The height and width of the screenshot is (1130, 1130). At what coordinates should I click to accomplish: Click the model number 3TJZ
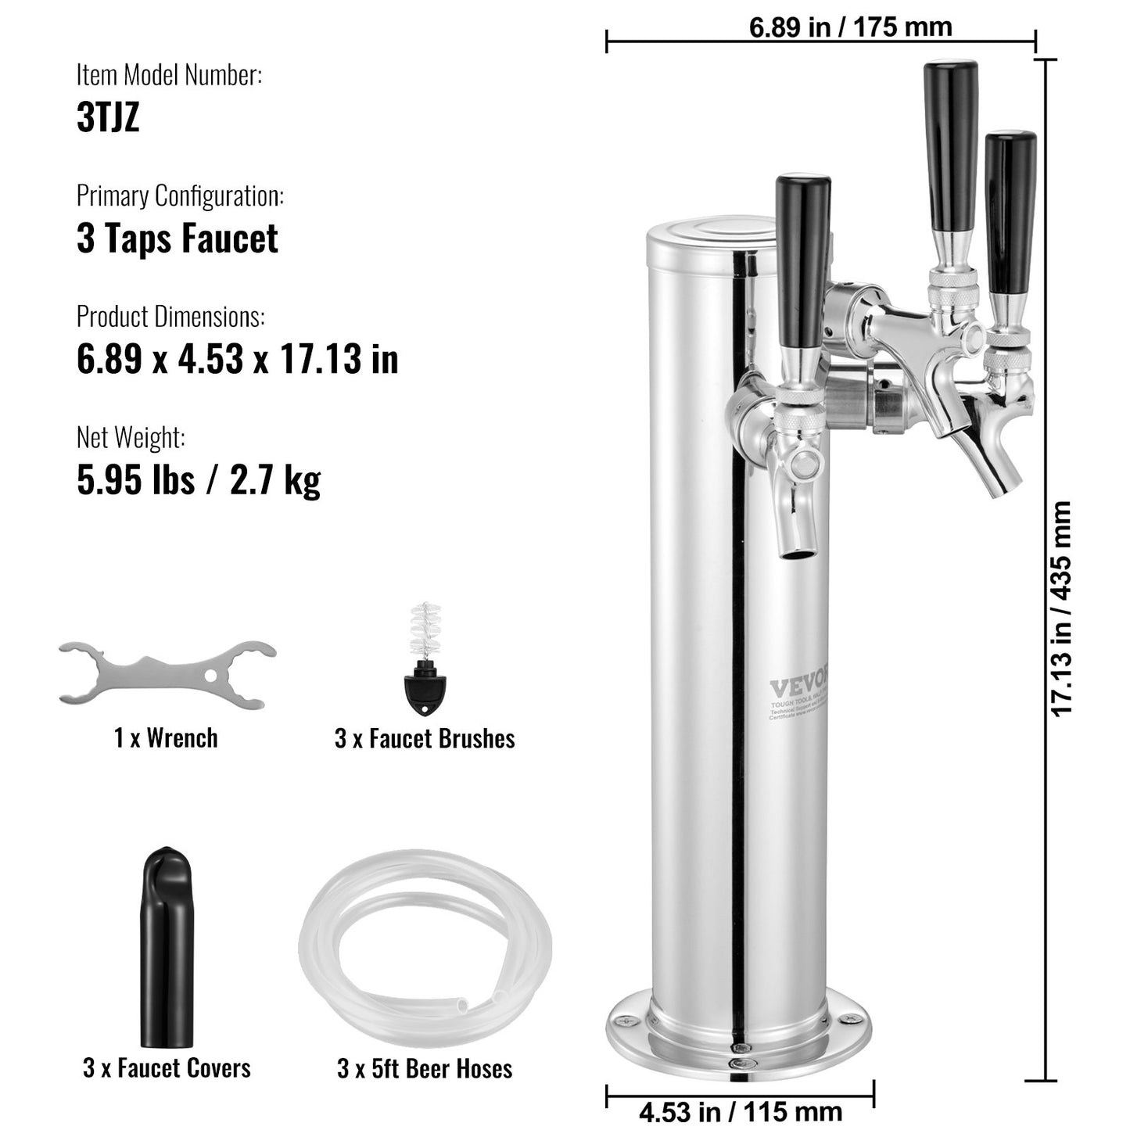[x=108, y=117]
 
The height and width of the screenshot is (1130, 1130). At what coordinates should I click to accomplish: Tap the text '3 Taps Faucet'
[x=177, y=239]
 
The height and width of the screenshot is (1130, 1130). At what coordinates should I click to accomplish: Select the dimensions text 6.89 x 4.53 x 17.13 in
[x=237, y=359]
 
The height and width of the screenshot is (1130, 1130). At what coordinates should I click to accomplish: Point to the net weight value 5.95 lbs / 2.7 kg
[x=199, y=479]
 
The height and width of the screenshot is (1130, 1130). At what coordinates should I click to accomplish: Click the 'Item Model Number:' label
[x=169, y=75]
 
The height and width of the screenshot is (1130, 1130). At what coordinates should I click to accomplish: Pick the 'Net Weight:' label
[x=131, y=437]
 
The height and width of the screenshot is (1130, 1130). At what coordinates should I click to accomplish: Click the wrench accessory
[x=167, y=673]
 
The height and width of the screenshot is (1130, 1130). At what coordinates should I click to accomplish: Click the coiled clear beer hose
[x=425, y=951]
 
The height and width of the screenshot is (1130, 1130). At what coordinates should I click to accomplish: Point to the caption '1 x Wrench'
[x=166, y=737]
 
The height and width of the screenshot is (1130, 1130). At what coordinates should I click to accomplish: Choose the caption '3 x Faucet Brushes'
[x=425, y=738]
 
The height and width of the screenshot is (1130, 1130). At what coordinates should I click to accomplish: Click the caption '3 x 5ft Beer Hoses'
[x=425, y=1068]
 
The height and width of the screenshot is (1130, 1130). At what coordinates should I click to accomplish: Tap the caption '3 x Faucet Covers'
[x=167, y=1068]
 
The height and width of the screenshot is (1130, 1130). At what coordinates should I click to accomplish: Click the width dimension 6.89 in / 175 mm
[x=850, y=27]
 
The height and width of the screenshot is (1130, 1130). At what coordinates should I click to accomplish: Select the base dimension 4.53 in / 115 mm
[x=740, y=1111]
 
